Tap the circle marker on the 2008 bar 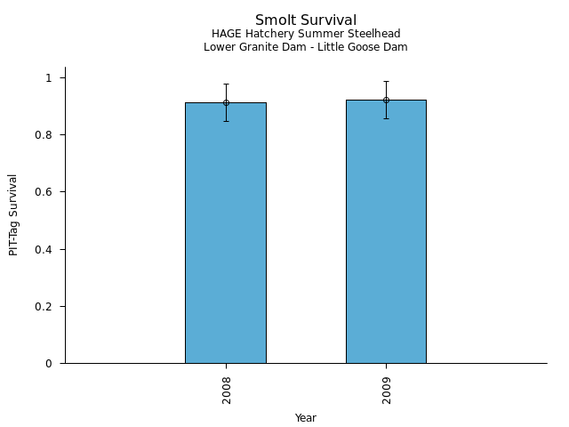226,102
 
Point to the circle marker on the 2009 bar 386,100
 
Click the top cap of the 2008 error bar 226,84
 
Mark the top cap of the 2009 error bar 386,81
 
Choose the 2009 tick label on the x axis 386,389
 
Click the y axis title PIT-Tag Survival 13,214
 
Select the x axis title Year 306,418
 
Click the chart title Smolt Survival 306,20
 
